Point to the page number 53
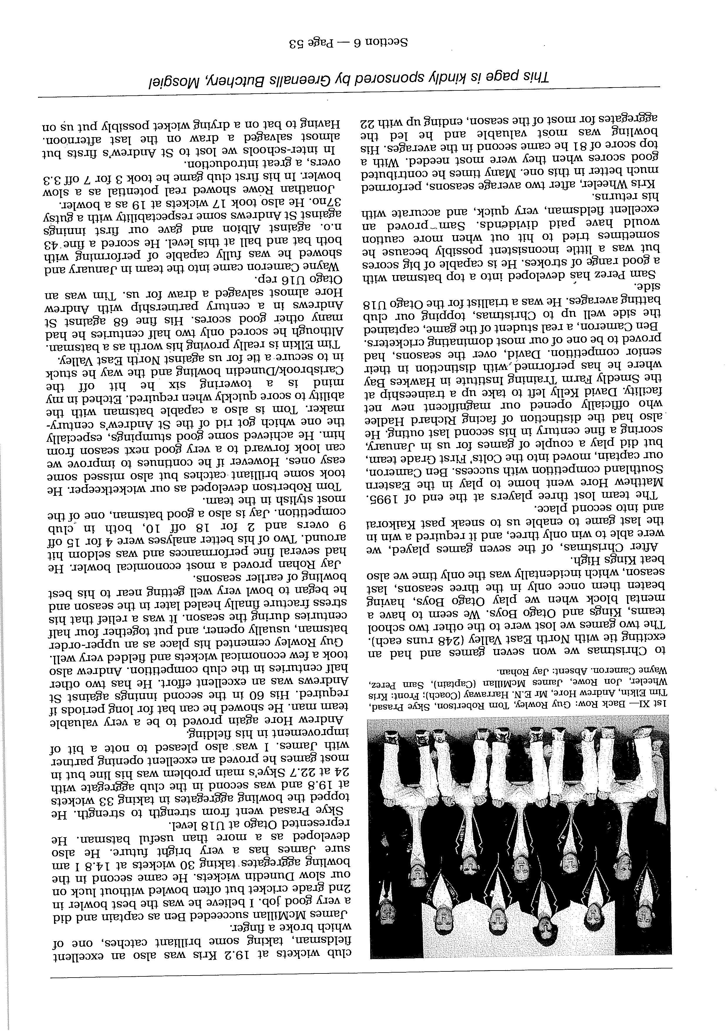pyautogui.click(x=299, y=44)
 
